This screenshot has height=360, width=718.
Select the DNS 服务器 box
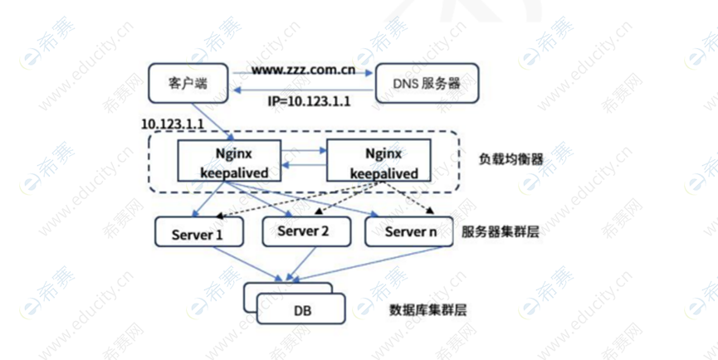426,84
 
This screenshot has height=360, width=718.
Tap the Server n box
410,232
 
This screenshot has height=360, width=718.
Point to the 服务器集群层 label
500,232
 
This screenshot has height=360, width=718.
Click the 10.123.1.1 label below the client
173,123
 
